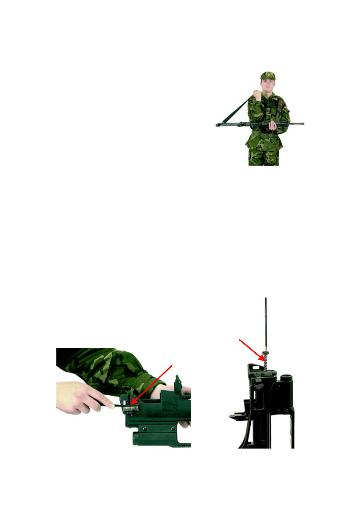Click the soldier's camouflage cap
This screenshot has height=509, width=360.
tap(268, 76)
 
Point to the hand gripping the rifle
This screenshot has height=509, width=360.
tap(273, 125)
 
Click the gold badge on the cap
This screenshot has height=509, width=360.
tap(268, 75)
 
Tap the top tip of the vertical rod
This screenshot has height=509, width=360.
tap(266, 299)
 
